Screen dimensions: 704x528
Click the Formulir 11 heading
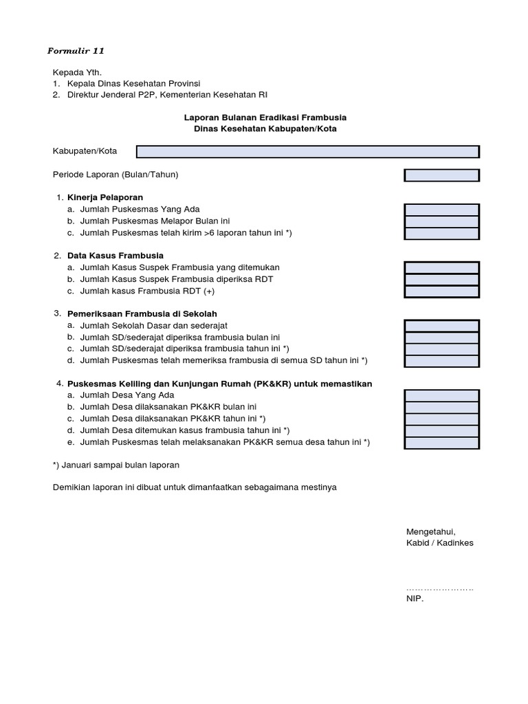pos(76,51)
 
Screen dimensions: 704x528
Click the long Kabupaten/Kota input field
pos(307,151)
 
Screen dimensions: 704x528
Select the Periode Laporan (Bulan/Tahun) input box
pos(441,175)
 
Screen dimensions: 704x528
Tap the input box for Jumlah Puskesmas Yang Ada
pos(441,210)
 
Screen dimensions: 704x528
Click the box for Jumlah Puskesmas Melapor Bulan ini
pos(441,221)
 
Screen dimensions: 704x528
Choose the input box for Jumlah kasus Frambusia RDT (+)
pos(441,291)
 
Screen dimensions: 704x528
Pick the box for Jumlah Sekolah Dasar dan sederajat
pos(441,326)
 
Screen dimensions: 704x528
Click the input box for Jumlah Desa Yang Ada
pos(441,396)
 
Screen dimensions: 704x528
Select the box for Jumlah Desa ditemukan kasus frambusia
pos(441,431)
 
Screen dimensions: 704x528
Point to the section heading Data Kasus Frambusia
pos(115,256)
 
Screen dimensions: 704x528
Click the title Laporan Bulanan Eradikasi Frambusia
pos(264,118)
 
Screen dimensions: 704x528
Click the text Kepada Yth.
pos(77,72)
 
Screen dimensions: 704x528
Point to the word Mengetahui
pos(430,531)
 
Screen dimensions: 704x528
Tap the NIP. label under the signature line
pos(415,599)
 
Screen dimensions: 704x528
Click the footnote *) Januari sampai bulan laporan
pos(116,465)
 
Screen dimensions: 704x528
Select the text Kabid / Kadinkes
pos(439,543)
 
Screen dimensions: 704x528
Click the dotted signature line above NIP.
pos(440,588)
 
